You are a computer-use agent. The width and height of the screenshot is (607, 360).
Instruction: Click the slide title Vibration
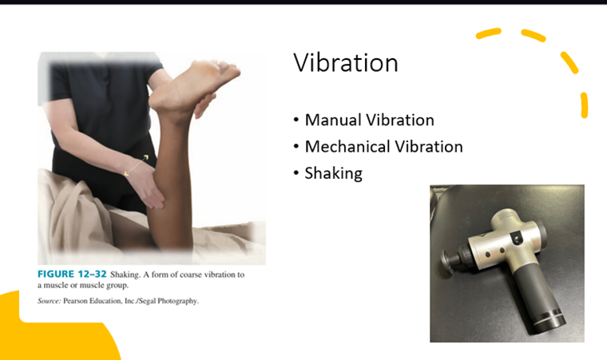click(346, 63)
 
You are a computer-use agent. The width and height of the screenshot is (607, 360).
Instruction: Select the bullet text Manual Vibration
click(369, 120)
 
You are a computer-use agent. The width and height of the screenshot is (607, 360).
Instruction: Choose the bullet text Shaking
click(333, 173)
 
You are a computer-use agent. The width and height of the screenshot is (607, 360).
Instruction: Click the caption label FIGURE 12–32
click(72, 274)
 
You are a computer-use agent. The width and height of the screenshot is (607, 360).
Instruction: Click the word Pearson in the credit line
click(75, 301)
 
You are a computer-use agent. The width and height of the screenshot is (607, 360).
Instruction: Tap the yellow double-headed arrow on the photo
click(136, 165)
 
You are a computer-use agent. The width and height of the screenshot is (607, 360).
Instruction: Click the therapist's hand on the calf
click(146, 187)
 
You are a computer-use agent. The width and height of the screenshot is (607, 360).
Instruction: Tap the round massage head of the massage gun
click(448, 262)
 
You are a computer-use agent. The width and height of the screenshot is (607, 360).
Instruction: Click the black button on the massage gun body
click(517, 238)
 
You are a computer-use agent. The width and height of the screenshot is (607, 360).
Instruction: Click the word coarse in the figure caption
click(191, 275)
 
